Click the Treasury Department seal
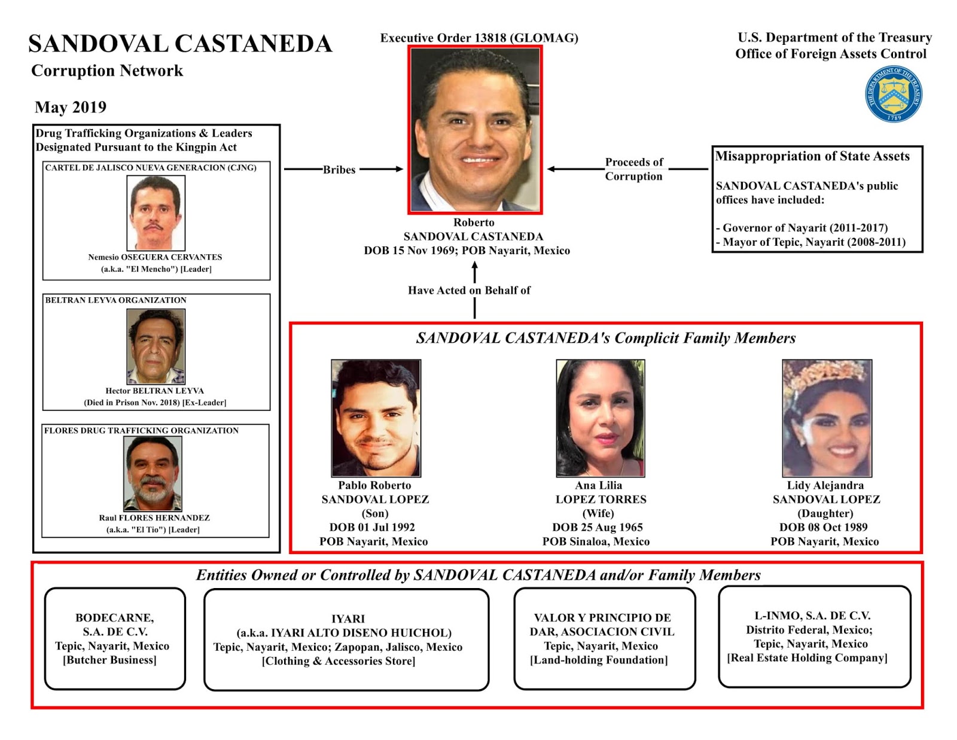pyautogui.click(x=893, y=94)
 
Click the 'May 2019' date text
pyautogui.click(x=71, y=107)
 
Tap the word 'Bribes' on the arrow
pyautogui.click(x=339, y=169)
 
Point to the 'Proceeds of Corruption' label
pyautogui.click(x=634, y=169)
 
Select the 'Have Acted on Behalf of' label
pyautogui.click(x=469, y=290)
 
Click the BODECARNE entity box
pyautogui.click(x=115, y=638)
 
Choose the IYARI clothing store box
pyautogui.click(x=346, y=639)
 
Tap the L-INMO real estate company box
pyautogui.click(x=814, y=637)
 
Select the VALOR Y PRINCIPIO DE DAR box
pyautogui.click(x=604, y=638)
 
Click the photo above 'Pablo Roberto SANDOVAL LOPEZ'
pyautogui.click(x=376, y=418)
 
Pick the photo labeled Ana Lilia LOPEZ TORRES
pyautogui.click(x=600, y=418)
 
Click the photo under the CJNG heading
pyautogui.click(x=156, y=212)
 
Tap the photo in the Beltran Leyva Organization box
pyautogui.click(x=156, y=346)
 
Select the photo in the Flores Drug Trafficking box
pyautogui.click(x=153, y=473)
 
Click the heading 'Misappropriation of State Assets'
pyautogui.click(x=812, y=156)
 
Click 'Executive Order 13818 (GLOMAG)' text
pyautogui.click(x=479, y=38)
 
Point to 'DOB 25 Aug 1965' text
pyautogui.click(x=597, y=527)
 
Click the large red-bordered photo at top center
pyautogui.click(x=475, y=130)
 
